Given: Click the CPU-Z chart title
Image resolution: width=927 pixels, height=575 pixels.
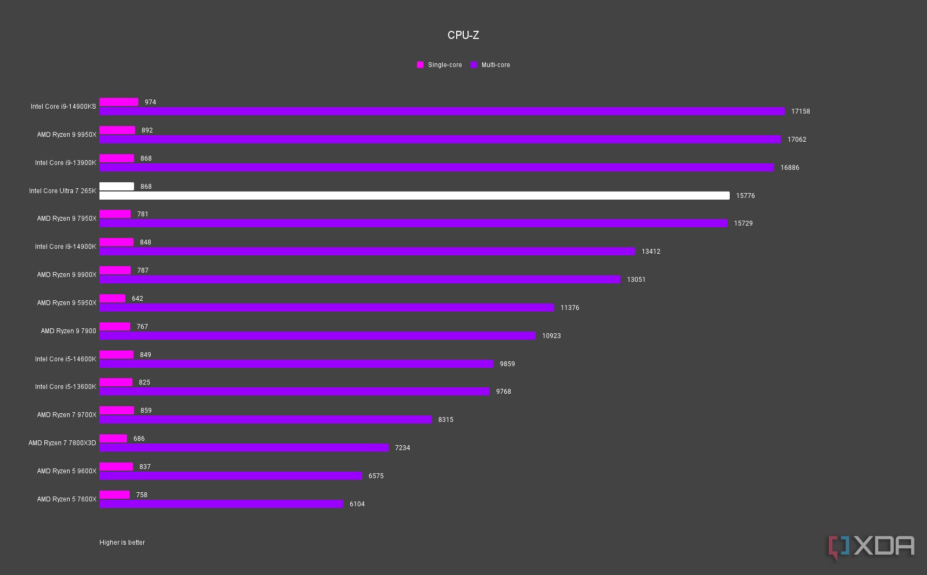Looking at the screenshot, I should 463,35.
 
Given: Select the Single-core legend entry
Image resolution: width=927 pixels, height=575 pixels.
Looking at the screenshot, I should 439,65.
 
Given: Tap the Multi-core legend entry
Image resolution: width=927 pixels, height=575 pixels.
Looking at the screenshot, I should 490,65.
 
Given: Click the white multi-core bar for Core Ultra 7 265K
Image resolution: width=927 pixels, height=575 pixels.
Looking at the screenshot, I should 414,195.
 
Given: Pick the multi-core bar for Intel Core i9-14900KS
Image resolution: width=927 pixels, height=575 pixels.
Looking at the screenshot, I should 442,111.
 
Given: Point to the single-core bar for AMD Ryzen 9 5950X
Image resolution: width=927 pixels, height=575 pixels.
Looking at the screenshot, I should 112,299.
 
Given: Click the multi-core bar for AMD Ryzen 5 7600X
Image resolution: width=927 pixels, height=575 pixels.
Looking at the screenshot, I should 221,504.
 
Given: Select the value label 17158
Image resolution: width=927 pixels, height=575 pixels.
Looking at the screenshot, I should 801,111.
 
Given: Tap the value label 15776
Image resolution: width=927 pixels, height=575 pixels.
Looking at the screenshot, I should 745,196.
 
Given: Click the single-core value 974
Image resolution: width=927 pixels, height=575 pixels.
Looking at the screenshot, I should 150,102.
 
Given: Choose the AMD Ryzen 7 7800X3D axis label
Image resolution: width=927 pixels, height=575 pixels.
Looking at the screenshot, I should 62,443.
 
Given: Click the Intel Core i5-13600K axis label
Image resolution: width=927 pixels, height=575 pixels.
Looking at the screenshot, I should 65,387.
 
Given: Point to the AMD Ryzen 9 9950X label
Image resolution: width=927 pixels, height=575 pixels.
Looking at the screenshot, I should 66,135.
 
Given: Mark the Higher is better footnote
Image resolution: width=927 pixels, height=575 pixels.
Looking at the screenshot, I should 122,543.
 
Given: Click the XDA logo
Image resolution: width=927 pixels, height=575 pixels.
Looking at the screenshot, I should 871,547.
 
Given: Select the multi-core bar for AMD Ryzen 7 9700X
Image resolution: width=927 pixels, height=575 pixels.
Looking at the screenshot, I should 265,420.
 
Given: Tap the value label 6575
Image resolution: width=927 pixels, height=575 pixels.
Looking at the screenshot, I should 376,476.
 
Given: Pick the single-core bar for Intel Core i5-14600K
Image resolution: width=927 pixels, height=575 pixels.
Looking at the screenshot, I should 116,355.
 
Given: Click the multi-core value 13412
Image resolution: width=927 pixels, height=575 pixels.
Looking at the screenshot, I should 651,252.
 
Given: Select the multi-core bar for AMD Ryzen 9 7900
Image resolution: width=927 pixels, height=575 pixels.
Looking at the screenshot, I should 317,336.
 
